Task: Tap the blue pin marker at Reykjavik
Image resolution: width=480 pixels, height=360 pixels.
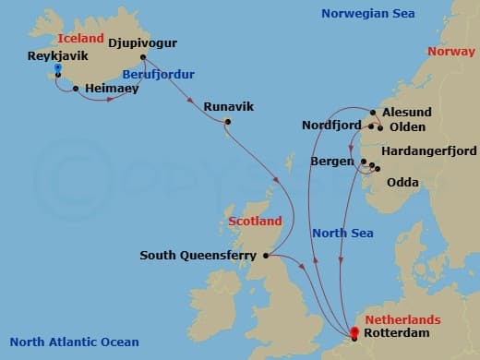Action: tap(57, 69)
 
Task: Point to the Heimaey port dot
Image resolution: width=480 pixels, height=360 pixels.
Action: tap(75, 89)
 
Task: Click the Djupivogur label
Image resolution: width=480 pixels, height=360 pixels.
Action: tap(142, 42)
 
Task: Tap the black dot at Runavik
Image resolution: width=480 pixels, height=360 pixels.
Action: tap(227, 122)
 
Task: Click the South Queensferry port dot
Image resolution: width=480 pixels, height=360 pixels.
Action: tap(266, 256)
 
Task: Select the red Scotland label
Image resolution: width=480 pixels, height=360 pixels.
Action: tap(255, 222)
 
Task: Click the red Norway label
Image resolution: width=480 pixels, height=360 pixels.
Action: tap(452, 52)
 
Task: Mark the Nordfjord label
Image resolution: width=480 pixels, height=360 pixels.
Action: tap(333, 126)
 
